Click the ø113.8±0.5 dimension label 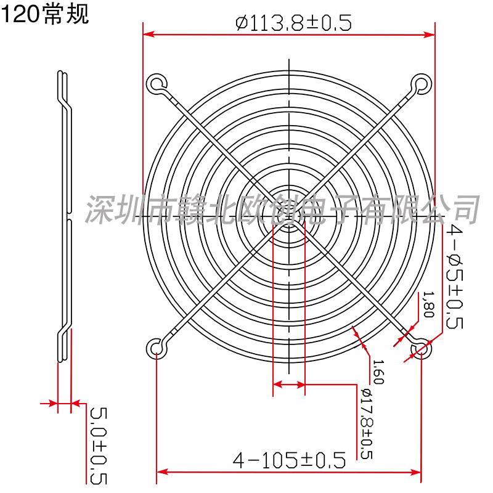point(293,23)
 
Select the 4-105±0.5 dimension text point(289,460)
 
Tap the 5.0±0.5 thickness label point(99,446)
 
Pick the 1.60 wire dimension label point(378,372)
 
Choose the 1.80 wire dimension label point(429,304)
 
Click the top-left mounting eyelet point(157,84)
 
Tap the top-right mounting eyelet point(422,84)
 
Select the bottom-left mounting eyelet point(157,349)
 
